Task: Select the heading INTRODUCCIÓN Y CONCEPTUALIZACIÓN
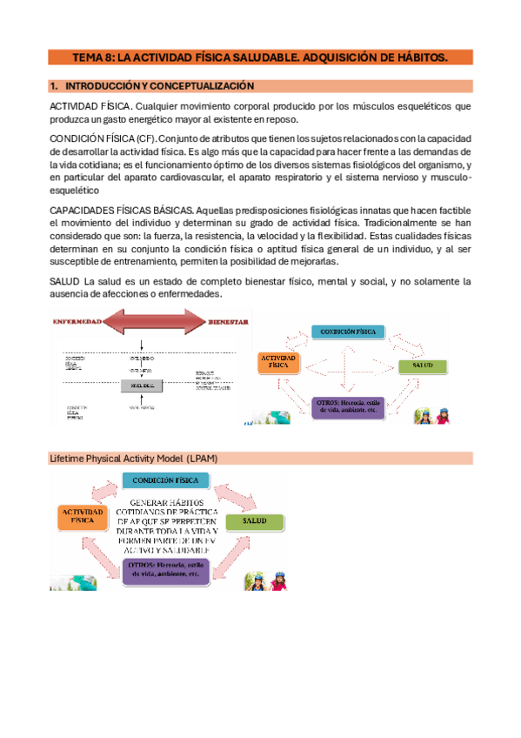(x=160, y=86)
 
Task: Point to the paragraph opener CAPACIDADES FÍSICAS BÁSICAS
(x=121, y=210)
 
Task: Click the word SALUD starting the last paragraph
(x=65, y=281)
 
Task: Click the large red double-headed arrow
(x=153, y=323)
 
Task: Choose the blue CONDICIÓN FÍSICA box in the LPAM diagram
(x=165, y=480)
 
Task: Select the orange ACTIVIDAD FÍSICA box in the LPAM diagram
(x=83, y=517)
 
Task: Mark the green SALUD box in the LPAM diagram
(x=255, y=522)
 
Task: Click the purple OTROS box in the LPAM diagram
(x=164, y=568)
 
